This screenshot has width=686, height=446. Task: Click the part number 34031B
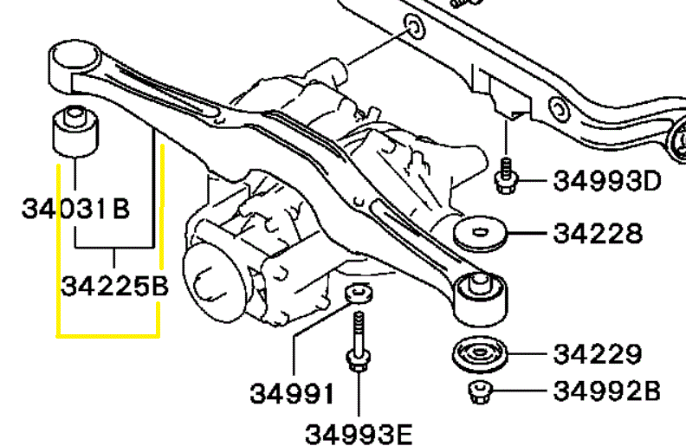pyautogui.click(x=75, y=208)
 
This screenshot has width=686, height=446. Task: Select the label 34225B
pyautogui.click(x=114, y=287)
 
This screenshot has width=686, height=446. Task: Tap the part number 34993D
pyautogui.click(x=607, y=181)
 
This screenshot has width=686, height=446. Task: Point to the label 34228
pyautogui.click(x=598, y=233)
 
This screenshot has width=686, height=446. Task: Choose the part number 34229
pyautogui.click(x=598, y=353)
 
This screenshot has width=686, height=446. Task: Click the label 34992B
pyautogui.click(x=607, y=391)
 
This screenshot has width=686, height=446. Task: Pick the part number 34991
pyautogui.click(x=291, y=393)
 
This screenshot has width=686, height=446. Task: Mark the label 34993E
pyautogui.click(x=359, y=434)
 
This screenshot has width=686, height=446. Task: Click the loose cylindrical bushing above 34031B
pyautogui.click(x=75, y=131)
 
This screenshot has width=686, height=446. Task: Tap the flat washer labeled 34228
pyautogui.click(x=480, y=233)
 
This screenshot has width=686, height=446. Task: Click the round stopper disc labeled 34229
pyautogui.click(x=480, y=353)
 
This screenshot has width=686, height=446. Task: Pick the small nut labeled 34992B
pyautogui.click(x=480, y=391)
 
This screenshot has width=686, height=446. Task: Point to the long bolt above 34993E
pyautogui.click(x=359, y=341)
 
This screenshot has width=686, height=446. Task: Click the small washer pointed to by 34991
pyautogui.click(x=359, y=293)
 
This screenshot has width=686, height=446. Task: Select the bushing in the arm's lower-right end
pyautogui.click(x=480, y=297)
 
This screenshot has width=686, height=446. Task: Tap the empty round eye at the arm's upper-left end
pyautogui.click(x=74, y=55)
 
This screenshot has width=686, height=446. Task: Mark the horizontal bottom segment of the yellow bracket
pyautogui.click(x=108, y=336)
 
